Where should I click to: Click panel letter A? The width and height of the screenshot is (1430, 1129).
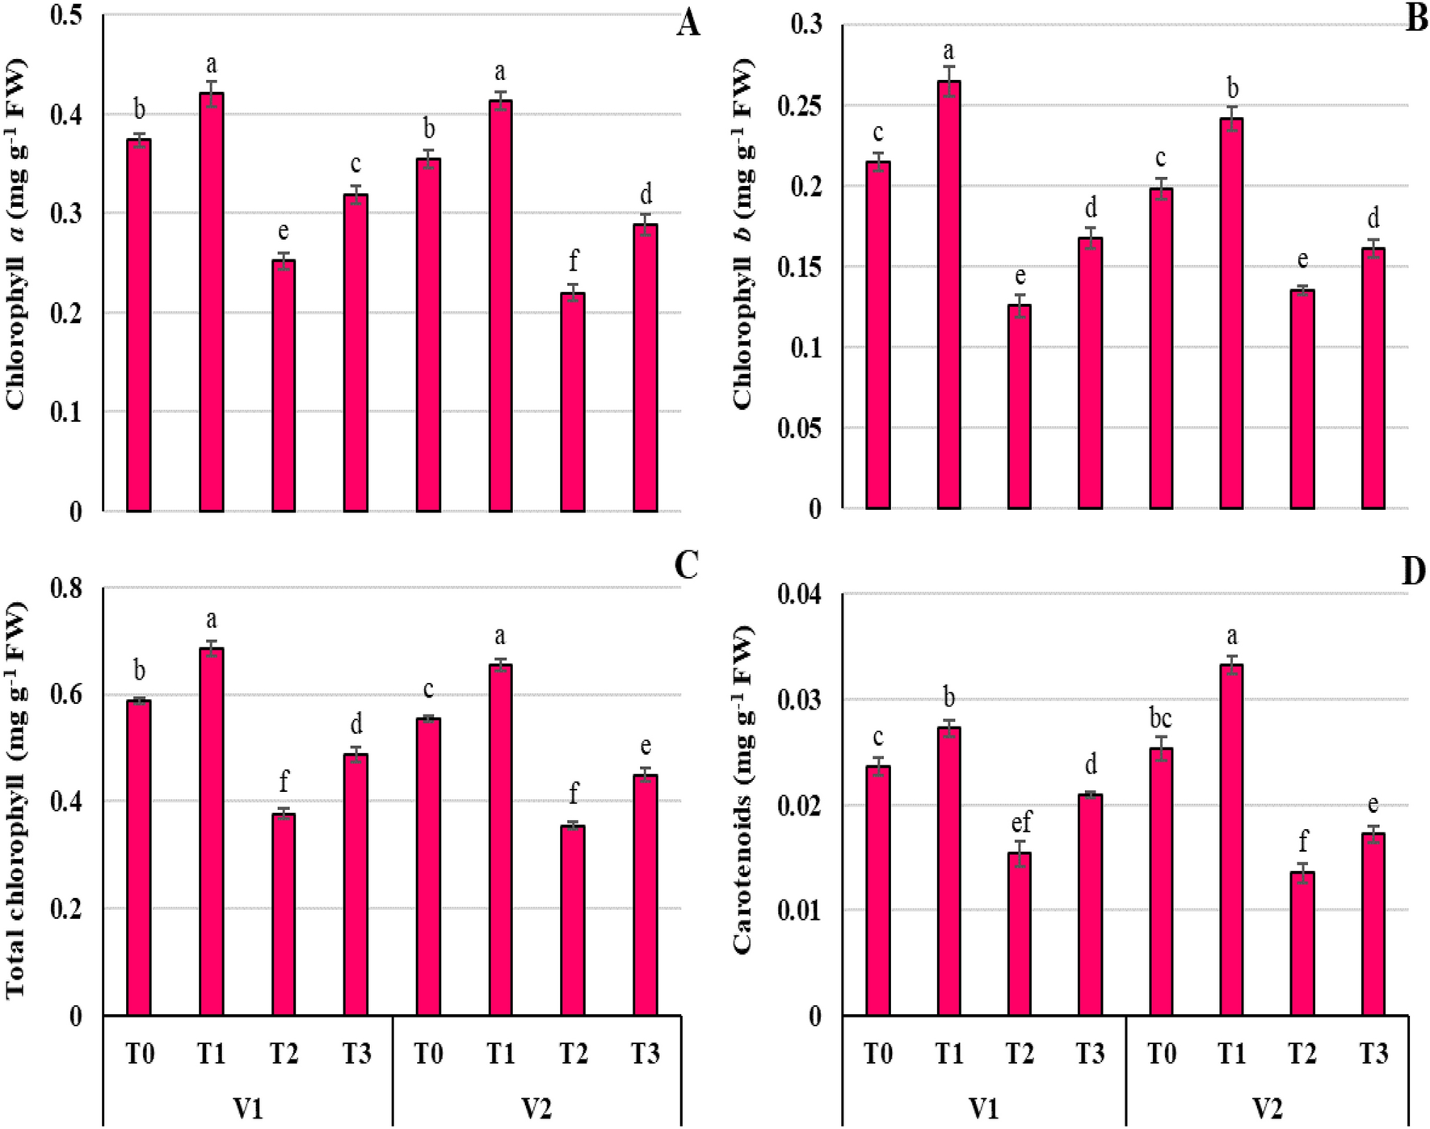(688, 23)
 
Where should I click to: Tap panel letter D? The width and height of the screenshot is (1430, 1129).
(1414, 571)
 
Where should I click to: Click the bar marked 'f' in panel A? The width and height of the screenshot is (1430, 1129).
(573, 402)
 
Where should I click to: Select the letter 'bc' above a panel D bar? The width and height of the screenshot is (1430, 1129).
(1160, 718)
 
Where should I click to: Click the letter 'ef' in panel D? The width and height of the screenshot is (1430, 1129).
(1020, 823)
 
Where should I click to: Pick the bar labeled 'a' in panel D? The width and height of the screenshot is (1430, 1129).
(1231, 840)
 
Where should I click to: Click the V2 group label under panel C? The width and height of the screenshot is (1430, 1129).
(536, 1108)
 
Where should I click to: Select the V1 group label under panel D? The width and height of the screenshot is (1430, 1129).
(983, 1108)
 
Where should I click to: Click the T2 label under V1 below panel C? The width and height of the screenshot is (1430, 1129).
(284, 1054)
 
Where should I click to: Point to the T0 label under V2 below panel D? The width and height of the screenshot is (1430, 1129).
(1161, 1054)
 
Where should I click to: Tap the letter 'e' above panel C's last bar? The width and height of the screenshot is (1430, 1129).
(645, 745)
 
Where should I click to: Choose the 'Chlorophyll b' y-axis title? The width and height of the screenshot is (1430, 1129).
(742, 234)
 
